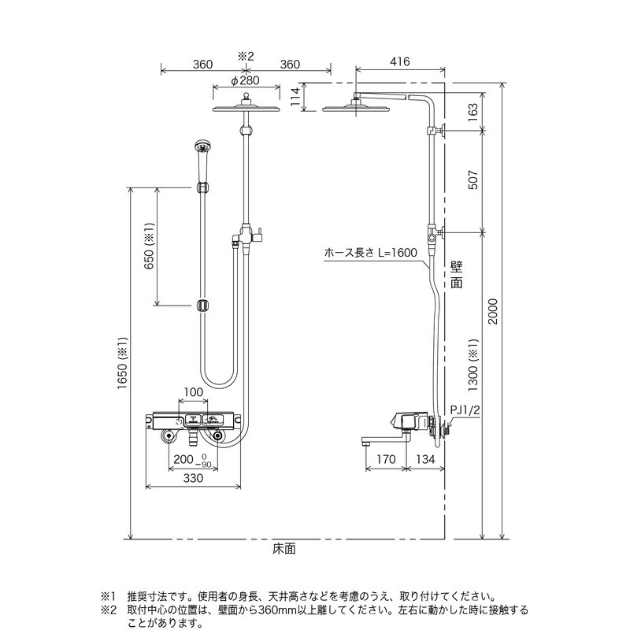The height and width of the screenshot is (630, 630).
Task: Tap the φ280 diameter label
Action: coord(245,80)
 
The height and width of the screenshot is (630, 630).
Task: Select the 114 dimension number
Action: coord(295,96)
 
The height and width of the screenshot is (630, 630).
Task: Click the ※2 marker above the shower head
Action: coord(245,56)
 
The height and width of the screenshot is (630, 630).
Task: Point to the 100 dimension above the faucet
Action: coord(194,392)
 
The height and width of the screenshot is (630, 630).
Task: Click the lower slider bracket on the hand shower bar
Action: coord(203,305)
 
